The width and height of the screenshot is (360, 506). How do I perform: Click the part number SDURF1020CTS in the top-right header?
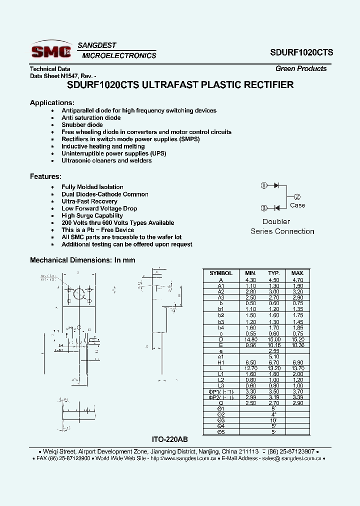(x=302, y=52)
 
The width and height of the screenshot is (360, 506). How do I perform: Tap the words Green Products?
(x=301, y=68)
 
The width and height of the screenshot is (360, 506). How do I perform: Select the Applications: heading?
(x=52, y=102)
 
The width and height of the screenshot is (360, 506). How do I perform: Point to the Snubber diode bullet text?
(x=82, y=125)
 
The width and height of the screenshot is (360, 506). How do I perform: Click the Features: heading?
(x=45, y=176)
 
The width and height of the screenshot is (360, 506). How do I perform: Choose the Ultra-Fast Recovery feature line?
(x=89, y=201)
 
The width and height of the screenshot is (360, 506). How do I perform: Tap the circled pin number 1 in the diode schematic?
(x=264, y=185)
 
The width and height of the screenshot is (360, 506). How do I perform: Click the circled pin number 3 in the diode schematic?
(x=264, y=208)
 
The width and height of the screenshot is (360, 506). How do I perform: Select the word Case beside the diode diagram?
(x=297, y=205)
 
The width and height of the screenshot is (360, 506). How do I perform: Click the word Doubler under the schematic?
(x=276, y=221)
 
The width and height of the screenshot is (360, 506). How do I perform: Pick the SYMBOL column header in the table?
(x=221, y=273)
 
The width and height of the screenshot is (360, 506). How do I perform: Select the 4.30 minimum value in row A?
(x=250, y=280)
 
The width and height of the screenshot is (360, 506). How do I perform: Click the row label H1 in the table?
(x=221, y=362)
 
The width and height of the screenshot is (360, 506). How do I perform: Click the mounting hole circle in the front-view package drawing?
(x=78, y=294)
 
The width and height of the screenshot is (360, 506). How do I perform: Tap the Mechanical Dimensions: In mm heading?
(x=82, y=260)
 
